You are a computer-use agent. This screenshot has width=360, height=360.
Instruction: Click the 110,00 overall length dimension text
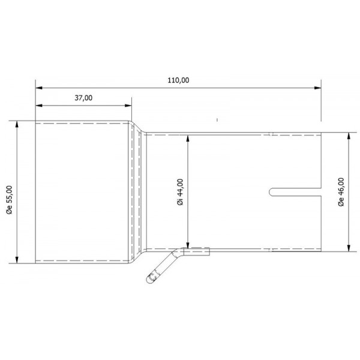pyautogui.click(x=178, y=80)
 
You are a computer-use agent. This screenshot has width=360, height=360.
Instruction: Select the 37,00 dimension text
pyautogui.click(x=83, y=98)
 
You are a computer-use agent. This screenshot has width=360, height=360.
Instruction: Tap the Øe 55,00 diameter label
pyautogui.click(x=10, y=200)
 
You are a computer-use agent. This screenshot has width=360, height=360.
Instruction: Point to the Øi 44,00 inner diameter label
pyautogui.click(x=181, y=192)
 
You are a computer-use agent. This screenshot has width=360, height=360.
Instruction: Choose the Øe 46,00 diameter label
pyautogui.click(x=341, y=192)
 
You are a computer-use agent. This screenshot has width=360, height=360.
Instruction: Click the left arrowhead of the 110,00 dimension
pyautogui.click(x=39, y=88)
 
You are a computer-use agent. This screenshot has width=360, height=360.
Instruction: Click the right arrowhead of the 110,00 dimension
pyautogui.click(x=317, y=88)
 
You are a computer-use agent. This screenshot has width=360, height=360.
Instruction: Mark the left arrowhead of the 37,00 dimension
pyautogui.click(x=39, y=106)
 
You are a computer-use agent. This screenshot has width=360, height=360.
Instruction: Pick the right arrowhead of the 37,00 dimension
pyautogui.click(x=128, y=106)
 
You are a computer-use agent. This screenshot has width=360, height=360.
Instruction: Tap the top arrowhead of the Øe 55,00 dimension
pyautogui.click(x=17, y=124)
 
